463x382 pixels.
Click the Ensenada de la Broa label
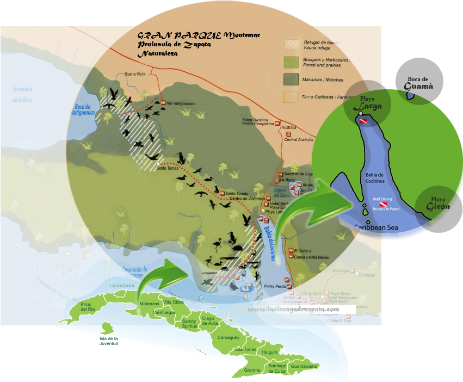23,94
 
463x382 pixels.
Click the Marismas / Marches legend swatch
293,79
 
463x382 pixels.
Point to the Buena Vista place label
135,74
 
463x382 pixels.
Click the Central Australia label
299,140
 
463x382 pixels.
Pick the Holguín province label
269,352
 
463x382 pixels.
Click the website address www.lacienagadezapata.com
294,310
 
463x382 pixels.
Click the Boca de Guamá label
419,83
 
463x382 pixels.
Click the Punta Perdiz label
275,286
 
